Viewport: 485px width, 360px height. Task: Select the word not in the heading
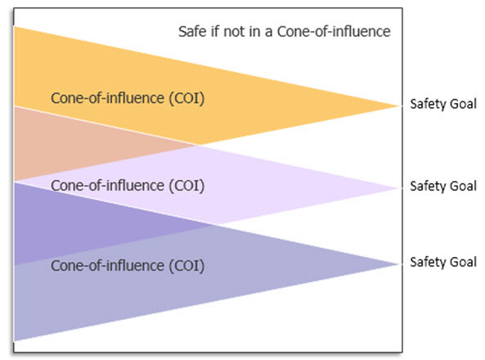[x=234, y=32]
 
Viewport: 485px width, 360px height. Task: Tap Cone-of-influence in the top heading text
[x=334, y=32]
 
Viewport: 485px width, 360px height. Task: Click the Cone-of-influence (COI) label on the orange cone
[x=128, y=98]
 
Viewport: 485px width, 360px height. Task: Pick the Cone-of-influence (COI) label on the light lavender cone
[x=128, y=186]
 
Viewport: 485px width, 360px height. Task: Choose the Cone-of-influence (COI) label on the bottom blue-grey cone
[x=128, y=266]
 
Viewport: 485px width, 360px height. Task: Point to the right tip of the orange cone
[x=399, y=106]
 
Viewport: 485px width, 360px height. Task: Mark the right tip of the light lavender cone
[x=399, y=188]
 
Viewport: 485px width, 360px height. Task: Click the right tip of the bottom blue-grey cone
[x=399, y=264]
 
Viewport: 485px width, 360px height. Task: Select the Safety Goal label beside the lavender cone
[x=443, y=187]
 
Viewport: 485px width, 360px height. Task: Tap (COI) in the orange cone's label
[x=186, y=99]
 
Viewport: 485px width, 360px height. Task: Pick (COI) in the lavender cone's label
[x=186, y=187]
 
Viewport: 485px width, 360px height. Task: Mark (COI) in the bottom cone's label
[x=186, y=266]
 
